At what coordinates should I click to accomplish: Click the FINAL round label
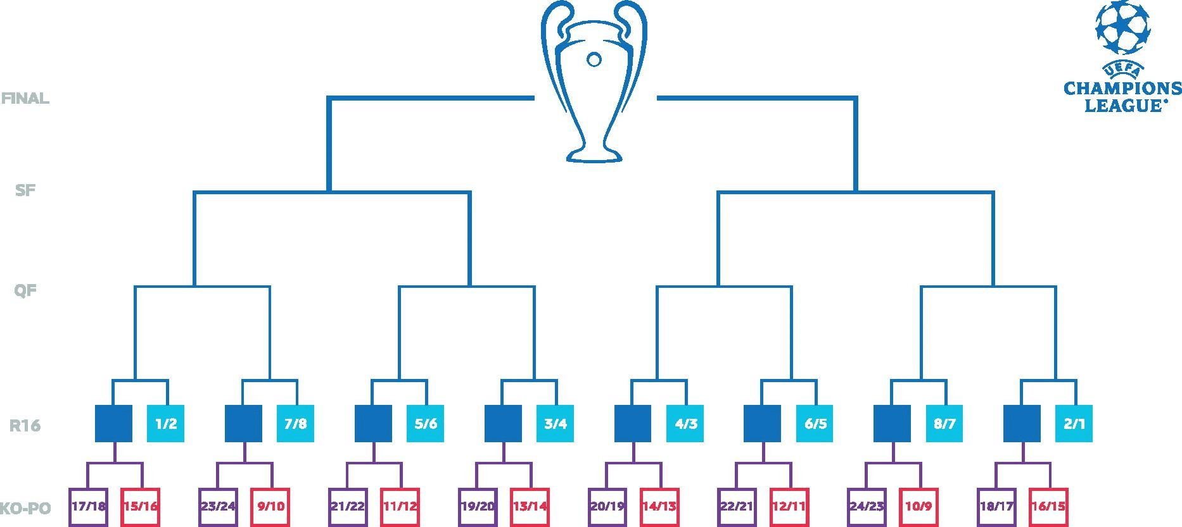[x=25, y=99]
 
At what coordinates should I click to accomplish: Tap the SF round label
[x=25, y=190]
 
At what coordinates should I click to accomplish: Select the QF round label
[x=25, y=291]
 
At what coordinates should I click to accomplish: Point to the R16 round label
[x=25, y=425]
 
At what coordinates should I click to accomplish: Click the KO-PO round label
[x=25, y=508]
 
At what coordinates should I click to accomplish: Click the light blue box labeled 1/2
[x=166, y=423]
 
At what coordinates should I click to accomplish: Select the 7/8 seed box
[x=296, y=423]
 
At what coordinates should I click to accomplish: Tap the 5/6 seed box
[x=426, y=423]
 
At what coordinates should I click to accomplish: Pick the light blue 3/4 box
[x=556, y=423]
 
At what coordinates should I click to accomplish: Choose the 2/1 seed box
[x=1074, y=423]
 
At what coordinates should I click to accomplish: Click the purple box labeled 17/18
[x=88, y=507]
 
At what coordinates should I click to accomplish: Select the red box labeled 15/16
[x=141, y=507]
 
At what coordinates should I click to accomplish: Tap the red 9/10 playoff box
[x=270, y=507]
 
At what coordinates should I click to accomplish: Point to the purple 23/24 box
[x=218, y=507]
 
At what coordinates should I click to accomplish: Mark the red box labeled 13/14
[x=530, y=507]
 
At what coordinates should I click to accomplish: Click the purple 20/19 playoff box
[x=607, y=507]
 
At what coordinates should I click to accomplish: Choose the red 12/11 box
[x=789, y=507]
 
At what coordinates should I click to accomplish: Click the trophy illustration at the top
[x=594, y=82]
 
